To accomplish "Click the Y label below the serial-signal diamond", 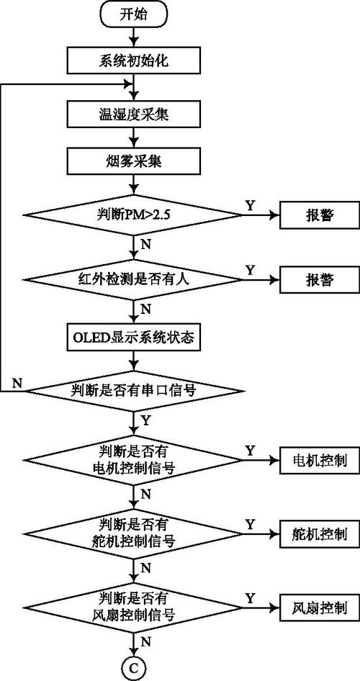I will point(147,419).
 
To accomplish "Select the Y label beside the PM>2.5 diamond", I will point(250,205).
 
